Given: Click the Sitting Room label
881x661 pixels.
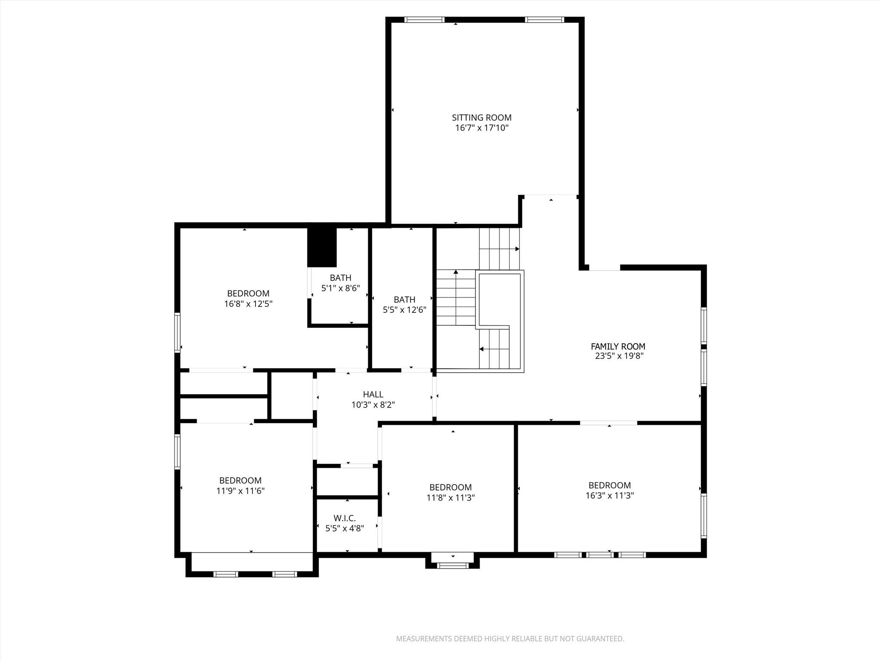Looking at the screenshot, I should coord(481,117).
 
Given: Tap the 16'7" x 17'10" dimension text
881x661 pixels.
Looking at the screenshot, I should coord(481,128).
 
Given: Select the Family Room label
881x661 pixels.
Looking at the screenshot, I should coord(618,346).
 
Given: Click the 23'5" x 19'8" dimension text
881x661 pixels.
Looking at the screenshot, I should coord(618,356).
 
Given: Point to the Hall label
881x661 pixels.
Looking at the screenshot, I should coord(373,394).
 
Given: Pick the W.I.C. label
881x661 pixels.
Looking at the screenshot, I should coord(345,518).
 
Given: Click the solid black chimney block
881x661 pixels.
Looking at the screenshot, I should coord(322,247).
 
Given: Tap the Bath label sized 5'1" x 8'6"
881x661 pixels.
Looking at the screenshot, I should coord(340,278).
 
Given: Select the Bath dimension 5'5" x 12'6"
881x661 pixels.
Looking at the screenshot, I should coord(404,309).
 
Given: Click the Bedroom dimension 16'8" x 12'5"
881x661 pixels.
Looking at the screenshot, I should coord(248,304).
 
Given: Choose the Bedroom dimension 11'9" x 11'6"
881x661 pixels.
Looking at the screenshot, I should coord(240,491).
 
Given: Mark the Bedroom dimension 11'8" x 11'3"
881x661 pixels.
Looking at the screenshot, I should coord(450,497).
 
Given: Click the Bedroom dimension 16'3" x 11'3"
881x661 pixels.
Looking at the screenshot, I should coord(610,495).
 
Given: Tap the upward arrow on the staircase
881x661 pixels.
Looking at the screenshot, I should coord(456,272).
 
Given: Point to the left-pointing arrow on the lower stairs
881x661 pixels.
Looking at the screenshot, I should coord(482,349).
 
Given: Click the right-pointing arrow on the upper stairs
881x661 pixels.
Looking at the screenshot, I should coord(517,249).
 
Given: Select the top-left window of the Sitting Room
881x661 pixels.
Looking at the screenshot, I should coord(424,19).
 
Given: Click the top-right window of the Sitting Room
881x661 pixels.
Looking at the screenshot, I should coord(544,19).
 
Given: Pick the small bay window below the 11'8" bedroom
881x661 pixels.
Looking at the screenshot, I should coord(453,565).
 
